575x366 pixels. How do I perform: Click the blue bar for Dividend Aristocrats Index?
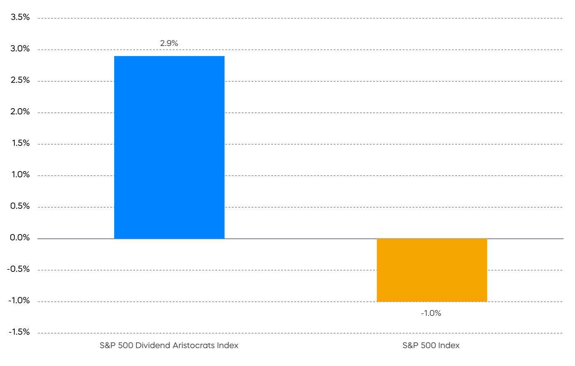(169, 147)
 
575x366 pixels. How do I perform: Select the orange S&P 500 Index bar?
(432, 270)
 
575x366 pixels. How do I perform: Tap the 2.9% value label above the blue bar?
(169, 43)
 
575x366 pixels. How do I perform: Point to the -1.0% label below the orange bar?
(431, 313)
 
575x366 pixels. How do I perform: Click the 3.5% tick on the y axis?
(20, 17)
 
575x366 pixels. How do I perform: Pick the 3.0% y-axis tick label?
(20, 49)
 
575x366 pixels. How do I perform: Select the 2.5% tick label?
(20, 80)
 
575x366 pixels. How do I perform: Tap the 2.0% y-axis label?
(20, 112)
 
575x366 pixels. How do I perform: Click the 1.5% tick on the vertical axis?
(20, 143)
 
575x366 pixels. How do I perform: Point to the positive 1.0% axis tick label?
(20, 175)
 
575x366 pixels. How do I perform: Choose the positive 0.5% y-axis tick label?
(20, 206)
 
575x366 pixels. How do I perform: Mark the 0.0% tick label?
(20, 238)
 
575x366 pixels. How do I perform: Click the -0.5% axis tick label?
(18, 269)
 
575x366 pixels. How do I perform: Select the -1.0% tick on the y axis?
(18, 301)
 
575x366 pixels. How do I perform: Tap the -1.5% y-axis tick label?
(18, 332)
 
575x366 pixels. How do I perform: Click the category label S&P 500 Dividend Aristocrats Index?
(169, 345)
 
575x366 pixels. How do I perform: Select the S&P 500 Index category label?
(431, 345)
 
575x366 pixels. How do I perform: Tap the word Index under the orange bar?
(448, 345)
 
